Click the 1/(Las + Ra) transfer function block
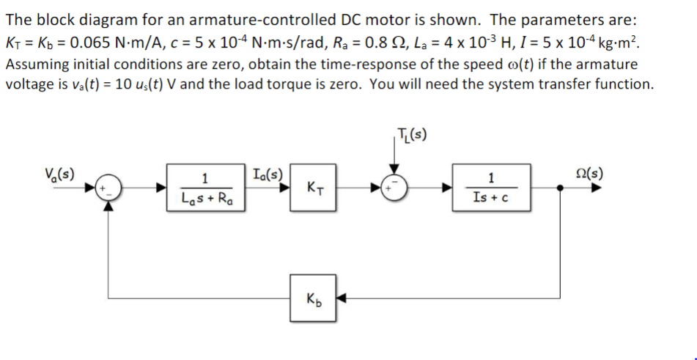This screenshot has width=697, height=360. [206, 188]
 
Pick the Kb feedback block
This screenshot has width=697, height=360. [314, 298]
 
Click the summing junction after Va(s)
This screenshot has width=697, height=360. [109, 188]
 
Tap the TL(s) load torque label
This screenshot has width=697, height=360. [413, 133]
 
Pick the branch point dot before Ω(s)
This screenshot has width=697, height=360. [561, 188]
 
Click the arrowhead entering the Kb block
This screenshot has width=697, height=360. [342, 299]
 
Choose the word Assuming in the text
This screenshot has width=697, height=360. [37, 63]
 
